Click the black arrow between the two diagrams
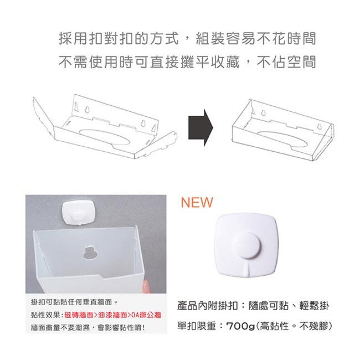(x=200, y=127)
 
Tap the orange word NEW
(x=197, y=202)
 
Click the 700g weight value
(x=240, y=326)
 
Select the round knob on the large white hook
(x=246, y=245)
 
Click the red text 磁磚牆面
(x=79, y=315)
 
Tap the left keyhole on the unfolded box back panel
(x=87, y=109)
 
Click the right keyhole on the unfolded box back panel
(x=143, y=124)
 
